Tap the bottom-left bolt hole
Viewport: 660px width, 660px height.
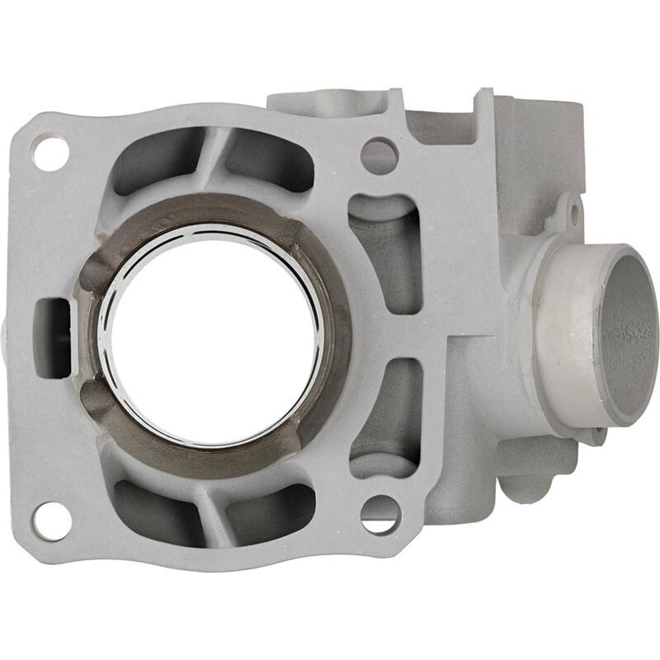(x=51, y=521)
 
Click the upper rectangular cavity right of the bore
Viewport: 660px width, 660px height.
(x=384, y=247)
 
